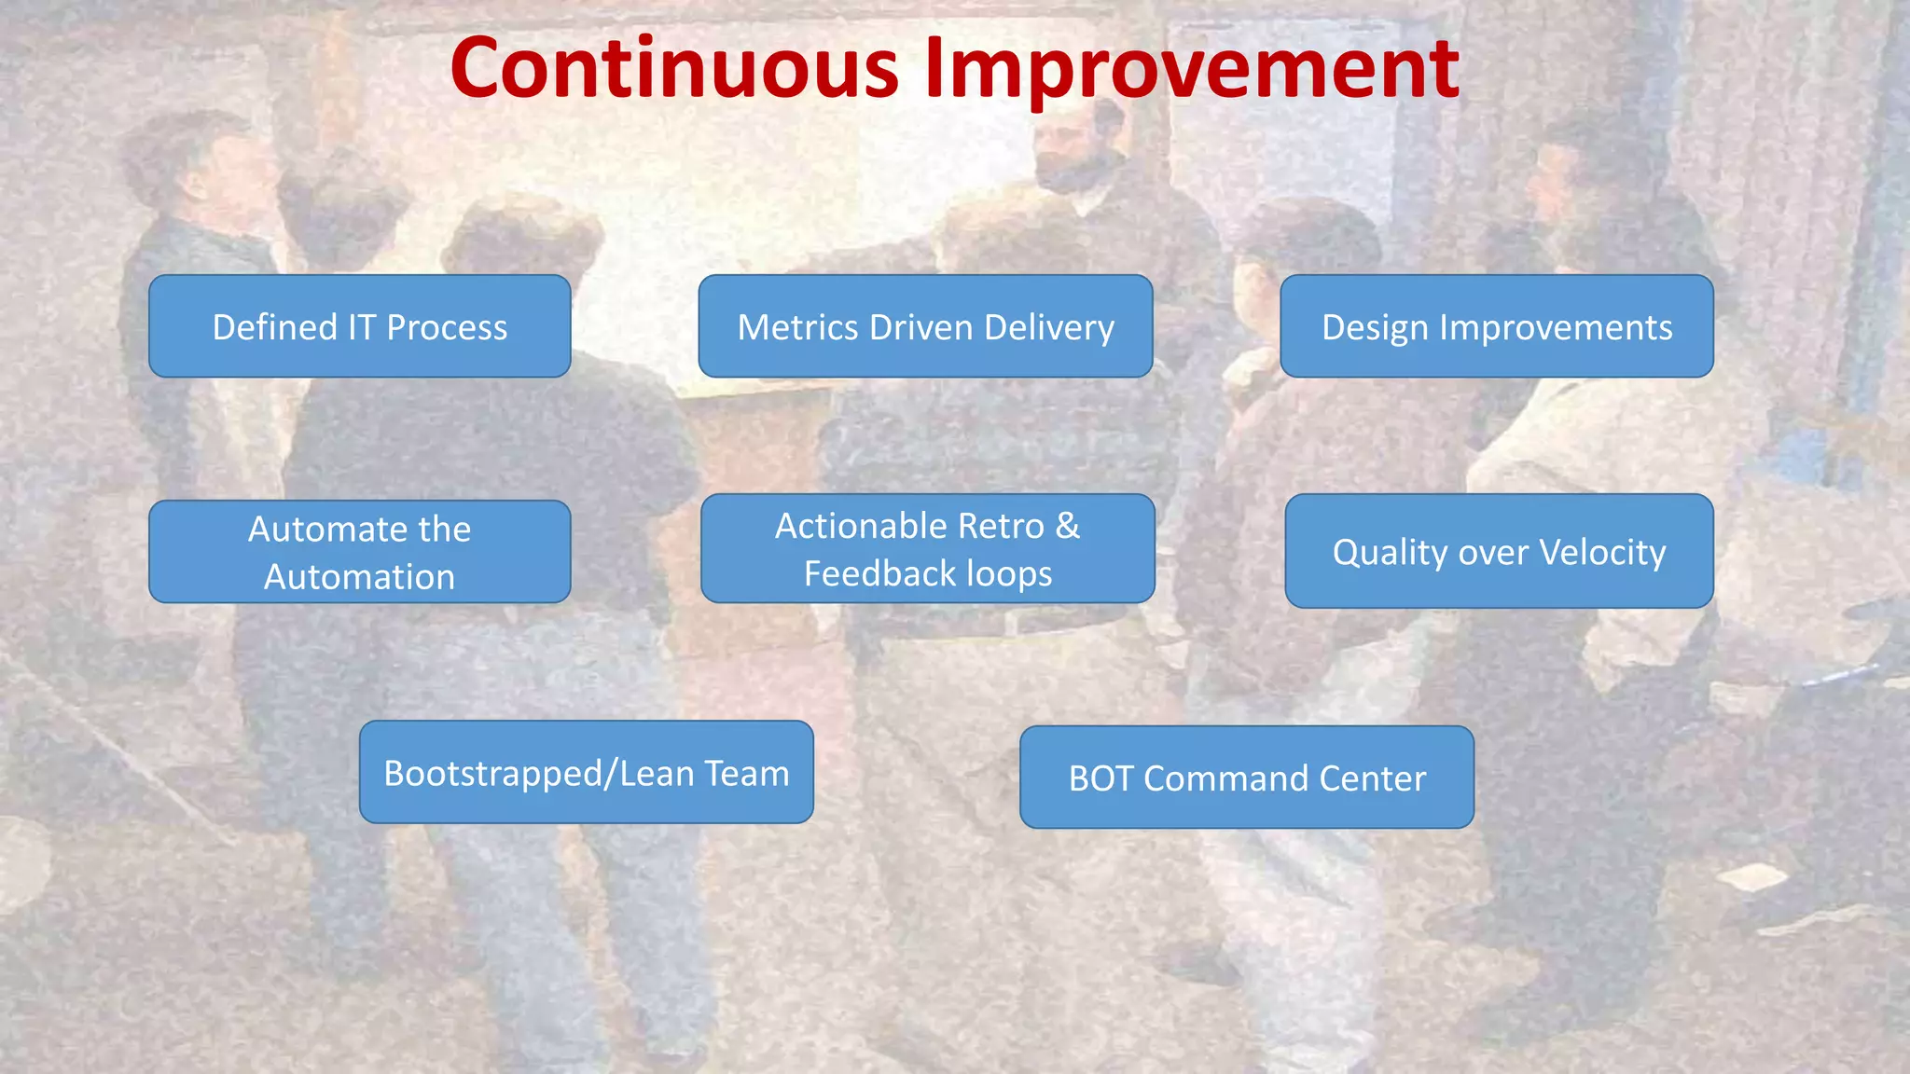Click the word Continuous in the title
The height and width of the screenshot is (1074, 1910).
click(673, 67)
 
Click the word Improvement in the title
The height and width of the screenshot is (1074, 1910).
click(1192, 67)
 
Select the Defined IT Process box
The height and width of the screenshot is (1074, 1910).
click(359, 326)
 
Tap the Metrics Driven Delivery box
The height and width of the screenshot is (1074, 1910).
click(925, 326)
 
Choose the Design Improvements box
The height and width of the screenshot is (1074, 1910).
click(1496, 326)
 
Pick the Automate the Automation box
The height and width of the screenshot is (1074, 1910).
click(359, 552)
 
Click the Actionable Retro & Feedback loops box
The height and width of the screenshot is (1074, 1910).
click(927, 549)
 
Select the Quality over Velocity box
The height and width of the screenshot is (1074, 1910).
click(1499, 552)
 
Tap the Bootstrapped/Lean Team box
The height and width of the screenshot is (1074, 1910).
click(586, 773)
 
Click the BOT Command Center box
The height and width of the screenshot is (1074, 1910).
click(1247, 778)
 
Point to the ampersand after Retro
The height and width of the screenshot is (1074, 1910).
click(1068, 526)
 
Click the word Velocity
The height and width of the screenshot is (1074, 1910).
click(1602, 552)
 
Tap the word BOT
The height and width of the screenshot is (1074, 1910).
click(1100, 778)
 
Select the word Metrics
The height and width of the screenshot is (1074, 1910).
click(797, 327)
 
